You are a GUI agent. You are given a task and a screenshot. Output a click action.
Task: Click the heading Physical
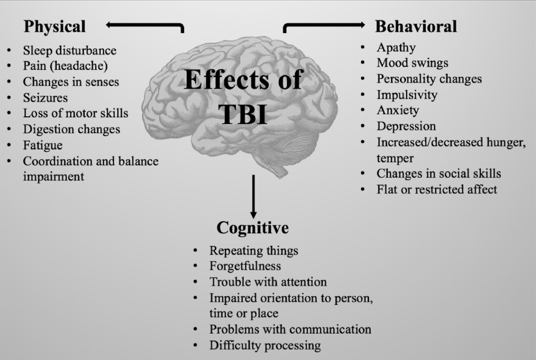[55, 26]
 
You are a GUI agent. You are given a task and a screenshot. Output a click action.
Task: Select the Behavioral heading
[416, 26]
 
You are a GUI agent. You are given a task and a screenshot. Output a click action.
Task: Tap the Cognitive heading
[252, 227]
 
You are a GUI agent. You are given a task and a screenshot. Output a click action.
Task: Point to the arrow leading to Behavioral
[324, 25]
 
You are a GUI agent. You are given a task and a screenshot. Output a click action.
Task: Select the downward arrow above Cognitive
[253, 195]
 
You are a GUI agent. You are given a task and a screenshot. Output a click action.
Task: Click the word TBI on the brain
[243, 114]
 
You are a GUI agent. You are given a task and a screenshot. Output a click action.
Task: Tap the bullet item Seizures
[46, 97]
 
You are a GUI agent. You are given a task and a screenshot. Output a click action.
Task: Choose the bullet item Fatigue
[42, 145]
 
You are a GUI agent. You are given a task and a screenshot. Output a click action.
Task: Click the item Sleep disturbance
[69, 50]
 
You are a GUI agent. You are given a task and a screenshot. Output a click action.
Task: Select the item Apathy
[396, 47]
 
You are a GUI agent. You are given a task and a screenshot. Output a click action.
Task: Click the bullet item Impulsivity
[407, 95]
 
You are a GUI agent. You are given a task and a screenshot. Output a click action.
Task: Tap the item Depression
[406, 126]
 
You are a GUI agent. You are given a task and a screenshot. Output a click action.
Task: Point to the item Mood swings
[413, 63]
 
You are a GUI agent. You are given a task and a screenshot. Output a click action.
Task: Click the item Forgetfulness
[245, 266]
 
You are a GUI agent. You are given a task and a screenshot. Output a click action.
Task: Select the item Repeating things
[253, 250]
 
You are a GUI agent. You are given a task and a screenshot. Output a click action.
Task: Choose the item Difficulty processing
[265, 345]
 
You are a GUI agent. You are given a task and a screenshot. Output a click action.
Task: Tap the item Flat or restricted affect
[437, 189]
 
